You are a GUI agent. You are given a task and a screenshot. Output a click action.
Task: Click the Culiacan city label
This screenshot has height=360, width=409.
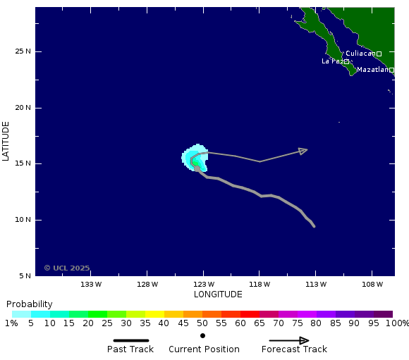tap(360, 54)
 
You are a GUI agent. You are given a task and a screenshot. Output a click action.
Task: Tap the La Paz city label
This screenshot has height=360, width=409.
tap(332, 61)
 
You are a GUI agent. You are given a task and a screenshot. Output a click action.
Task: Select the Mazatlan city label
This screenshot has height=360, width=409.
tap(372, 70)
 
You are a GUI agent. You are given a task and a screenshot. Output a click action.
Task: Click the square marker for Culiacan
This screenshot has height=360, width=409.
tap(379, 54)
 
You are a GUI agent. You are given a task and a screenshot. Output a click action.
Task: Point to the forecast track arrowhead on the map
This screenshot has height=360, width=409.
tap(303, 150)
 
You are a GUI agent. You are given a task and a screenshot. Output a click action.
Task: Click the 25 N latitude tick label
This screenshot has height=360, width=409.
tap(23, 51)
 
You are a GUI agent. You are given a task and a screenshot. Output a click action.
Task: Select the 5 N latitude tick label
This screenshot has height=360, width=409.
tap(25, 275)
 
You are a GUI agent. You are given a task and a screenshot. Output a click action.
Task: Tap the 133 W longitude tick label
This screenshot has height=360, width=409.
tap(91, 285)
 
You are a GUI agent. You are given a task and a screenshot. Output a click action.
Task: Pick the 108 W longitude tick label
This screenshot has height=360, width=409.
tap(372, 285)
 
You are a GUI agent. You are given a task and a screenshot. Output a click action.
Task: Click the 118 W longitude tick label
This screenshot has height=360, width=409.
tap(260, 285)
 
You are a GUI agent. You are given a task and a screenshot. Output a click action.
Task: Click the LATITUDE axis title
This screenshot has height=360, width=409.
tap(6, 141)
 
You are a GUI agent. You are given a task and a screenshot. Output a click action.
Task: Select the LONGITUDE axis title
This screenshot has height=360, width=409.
tap(218, 294)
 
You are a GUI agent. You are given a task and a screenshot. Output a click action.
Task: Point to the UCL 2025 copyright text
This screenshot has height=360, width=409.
tap(67, 268)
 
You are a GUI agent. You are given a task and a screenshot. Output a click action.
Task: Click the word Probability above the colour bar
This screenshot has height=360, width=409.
tap(30, 304)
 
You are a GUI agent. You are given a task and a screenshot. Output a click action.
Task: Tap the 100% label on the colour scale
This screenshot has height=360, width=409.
tap(397, 323)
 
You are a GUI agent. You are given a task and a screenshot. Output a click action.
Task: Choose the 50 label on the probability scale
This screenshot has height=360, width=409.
tap(202, 323)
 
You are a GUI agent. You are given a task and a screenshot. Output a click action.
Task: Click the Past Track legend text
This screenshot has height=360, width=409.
tap(130, 349)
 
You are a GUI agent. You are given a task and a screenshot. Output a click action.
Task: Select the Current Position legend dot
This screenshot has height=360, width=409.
tap(202, 335)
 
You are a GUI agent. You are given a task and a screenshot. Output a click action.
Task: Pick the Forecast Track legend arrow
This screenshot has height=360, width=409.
tap(289, 340)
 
